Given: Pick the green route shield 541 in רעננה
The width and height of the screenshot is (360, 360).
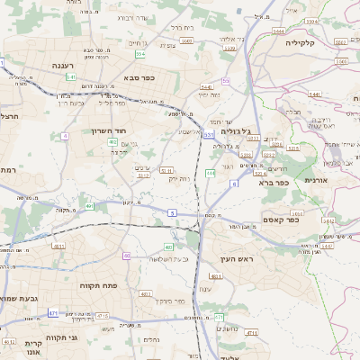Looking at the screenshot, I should pyautogui.click(x=71, y=77).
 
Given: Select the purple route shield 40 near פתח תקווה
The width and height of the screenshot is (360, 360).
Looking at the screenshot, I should pyautogui.click(x=127, y=256).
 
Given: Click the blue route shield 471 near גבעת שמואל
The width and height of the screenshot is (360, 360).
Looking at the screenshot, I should pyautogui.click(x=54, y=312).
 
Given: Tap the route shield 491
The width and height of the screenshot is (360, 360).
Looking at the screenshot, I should pyautogui.click(x=90, y=206).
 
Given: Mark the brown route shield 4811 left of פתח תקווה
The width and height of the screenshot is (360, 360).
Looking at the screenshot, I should pyautogui.click(x=58, y=245).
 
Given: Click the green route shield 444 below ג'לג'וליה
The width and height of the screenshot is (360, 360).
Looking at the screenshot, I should pyautogui.click(x=211, y=172).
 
